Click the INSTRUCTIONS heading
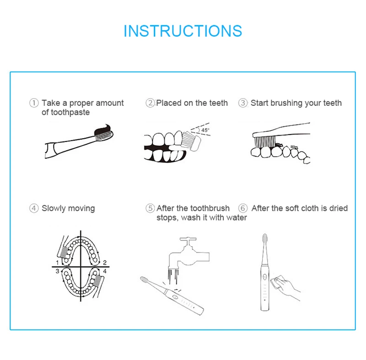pos(183,31)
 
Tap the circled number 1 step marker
pos(34,103)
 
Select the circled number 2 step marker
pos(150,103)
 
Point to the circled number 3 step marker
pos(243,103)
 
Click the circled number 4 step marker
pos(34,208)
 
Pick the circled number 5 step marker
pos(150,208)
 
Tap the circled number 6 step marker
pos(243,208)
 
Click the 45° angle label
pos(205,130)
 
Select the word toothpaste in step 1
pos(70,112)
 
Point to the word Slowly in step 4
pos(54,208)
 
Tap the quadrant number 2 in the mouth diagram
pos(105,262)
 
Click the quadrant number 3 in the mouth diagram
pos(57,271)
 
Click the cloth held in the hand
pos(277,282)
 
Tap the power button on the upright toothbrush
pos(265,277)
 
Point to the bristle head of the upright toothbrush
pos(265,238)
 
